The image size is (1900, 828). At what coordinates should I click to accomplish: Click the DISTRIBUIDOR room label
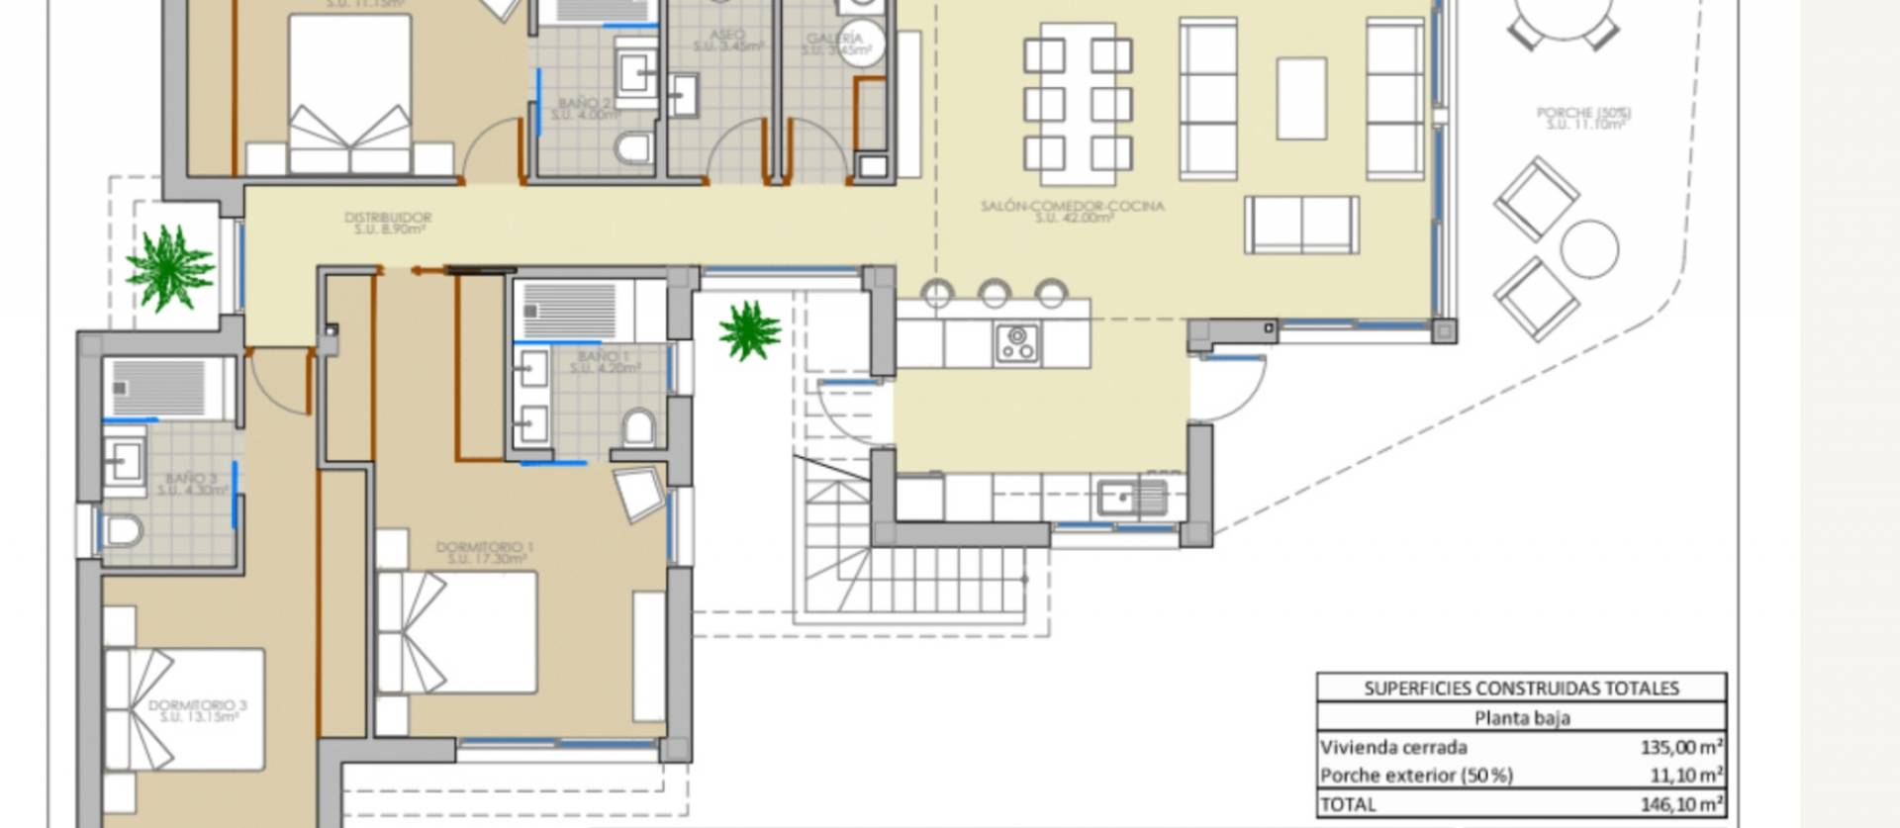[387, 219]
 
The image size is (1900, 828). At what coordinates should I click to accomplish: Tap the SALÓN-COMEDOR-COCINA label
[1072, 207]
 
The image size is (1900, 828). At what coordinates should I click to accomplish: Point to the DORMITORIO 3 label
[198, 706]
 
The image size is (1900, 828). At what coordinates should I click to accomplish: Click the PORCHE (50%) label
[1583, 115]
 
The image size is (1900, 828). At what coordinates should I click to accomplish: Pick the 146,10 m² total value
[1681, 803]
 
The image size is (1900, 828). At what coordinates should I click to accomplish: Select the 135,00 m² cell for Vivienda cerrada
[1681, 747]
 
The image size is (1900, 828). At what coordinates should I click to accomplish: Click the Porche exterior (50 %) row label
[1416, 776]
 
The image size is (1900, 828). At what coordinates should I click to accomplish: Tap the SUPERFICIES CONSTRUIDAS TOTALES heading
[1521, 689]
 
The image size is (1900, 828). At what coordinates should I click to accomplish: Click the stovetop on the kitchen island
[1017, 343]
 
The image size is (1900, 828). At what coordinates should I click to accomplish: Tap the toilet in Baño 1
[639, 428]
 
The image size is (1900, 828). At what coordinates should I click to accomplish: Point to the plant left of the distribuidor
[169, 267]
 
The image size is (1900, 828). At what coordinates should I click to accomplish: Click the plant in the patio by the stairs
[750, 331]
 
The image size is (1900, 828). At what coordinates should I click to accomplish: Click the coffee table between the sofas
[1301, 98]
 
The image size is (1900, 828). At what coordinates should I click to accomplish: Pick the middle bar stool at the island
[994, 293]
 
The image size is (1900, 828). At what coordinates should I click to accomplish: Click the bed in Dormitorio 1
[457, 631]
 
